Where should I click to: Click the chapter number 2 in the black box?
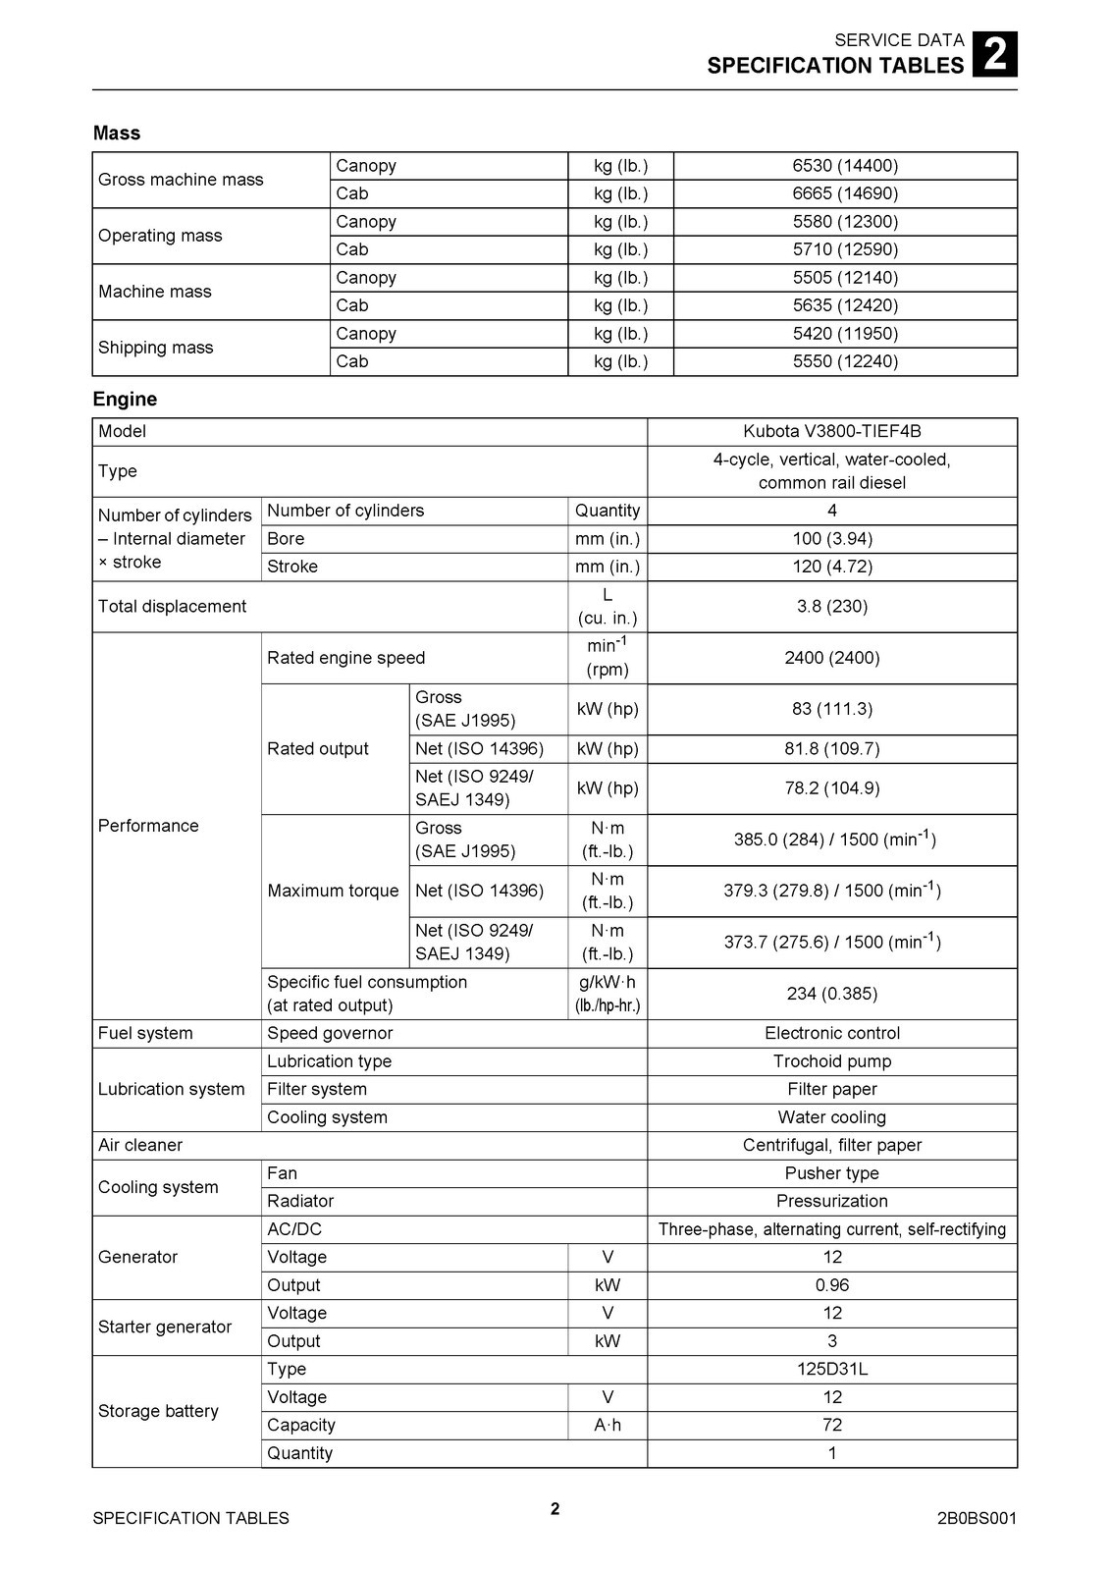pos(994,54)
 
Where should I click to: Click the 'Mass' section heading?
pos(117,134)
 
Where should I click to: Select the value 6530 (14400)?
pos(845,166)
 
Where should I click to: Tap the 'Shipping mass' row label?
pos(155,348)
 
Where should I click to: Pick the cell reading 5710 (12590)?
pos(845,249)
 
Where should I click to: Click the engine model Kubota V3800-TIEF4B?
pos(831,431)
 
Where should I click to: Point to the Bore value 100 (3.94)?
pos(831,539)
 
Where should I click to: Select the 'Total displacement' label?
pos(172,607)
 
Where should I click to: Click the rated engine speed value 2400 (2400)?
pos(831,658)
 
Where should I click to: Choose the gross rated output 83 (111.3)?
pos(831,709)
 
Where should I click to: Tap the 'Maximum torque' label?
pos(333,891)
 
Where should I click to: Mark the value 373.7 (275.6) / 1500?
pos(831,943)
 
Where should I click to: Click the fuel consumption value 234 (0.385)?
pos(831,994)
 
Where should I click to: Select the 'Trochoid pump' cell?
pos(831,1061)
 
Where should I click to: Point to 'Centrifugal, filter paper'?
pos(831,1145)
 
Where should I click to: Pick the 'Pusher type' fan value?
pos(831,1173)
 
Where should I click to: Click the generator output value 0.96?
pos(831,1285)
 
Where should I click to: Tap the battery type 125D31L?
pos(831,1369)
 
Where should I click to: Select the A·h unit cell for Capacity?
pos(608,1426)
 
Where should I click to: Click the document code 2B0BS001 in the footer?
pos(977,1519)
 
